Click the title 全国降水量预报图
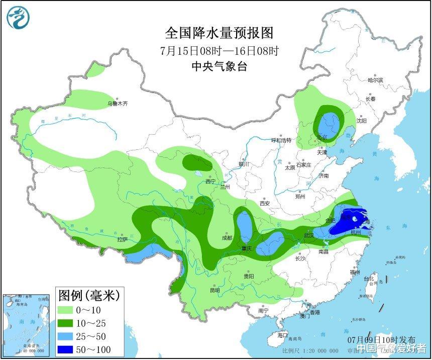[x=219, y=33]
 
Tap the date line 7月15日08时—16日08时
[x=219, y=50]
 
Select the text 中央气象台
[x=219, y=66]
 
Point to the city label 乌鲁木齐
[x=118, y=104]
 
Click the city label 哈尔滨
[x=375, y=80]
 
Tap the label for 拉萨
[x=123, y=240]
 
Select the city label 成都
[x=227, y=238]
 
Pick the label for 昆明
[x=215, y=290]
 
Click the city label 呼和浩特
[x=281, y=140]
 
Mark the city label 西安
[x=265, y=203]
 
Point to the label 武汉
[x=308, y=235]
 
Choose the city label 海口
[x=283, y=335]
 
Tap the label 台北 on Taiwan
[x=369, y=278]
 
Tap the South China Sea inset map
[x=27, y=324]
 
